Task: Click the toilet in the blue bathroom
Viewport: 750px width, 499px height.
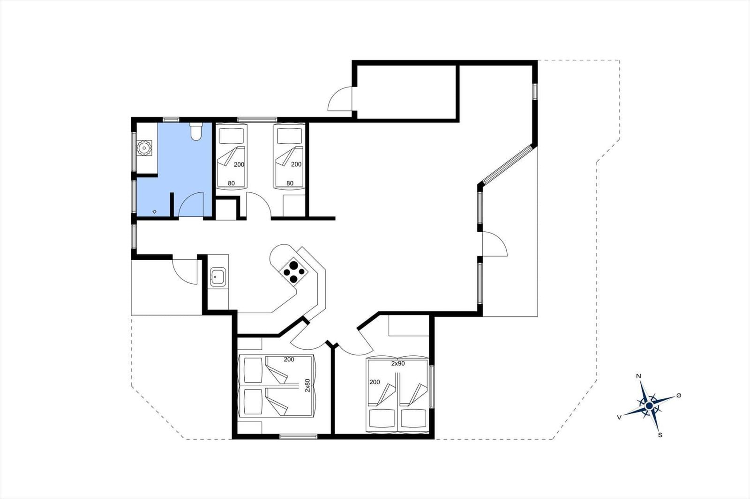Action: tap(195, 132)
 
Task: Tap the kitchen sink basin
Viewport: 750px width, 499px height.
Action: tap(218, 277)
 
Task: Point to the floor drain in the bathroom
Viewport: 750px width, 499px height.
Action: tap(154, 212)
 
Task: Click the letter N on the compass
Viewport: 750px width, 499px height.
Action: tap(638, 377)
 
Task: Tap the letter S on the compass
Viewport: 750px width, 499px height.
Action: tap(660, 435)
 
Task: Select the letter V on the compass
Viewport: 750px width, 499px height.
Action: tap(619, 418)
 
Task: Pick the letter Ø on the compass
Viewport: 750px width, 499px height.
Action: tap(679, 396)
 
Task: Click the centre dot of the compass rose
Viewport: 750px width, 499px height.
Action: tap(649, 406)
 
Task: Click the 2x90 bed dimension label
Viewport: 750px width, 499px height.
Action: tap(398, 364)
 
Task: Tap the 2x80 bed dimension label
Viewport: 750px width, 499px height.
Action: tap(307, 385)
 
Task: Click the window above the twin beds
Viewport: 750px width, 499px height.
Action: tap(257, 120)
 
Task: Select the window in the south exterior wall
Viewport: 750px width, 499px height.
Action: tap(298, 436)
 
